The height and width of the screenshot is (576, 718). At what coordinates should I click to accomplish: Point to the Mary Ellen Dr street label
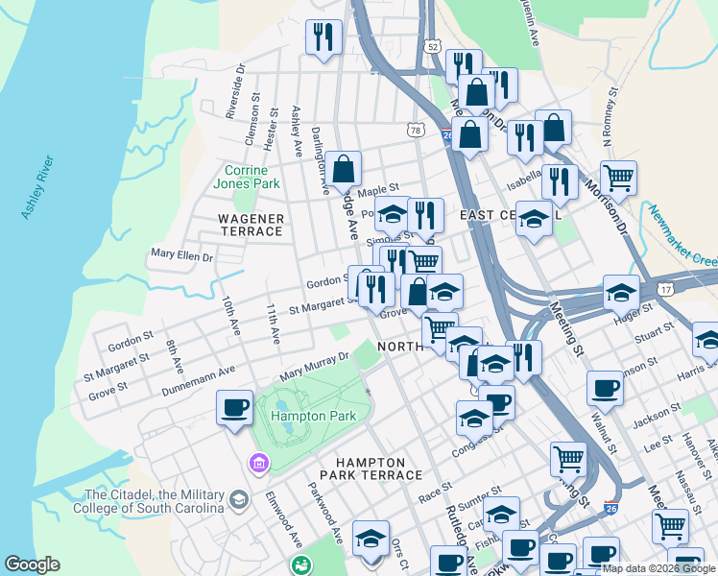click(181, 256)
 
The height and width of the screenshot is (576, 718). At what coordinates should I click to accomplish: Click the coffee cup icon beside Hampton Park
click(234, 408)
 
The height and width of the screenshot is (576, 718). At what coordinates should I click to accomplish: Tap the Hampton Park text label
click(313, 416)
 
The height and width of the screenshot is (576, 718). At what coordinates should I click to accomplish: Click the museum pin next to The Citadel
click(256, 465)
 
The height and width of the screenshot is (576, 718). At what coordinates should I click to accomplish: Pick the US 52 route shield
click(435, 46)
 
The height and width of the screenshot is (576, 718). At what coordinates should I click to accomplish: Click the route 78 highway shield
click(415, 130)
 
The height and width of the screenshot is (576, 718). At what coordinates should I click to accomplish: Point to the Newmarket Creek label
click(681, 235)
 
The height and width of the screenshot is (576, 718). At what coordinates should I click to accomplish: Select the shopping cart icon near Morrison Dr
click(618, 178)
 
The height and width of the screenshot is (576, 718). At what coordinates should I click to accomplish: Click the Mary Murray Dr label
click(313, 367)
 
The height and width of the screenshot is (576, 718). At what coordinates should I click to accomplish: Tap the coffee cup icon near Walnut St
click(605, 389)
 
